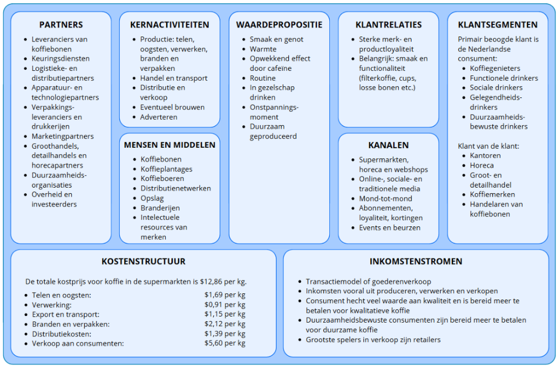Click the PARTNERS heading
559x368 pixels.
[61, 24]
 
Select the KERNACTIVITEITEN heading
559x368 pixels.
[170, 24]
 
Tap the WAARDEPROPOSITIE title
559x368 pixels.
[279, 24]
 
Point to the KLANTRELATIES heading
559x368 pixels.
[388, 24]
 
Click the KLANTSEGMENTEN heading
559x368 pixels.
[498, 24]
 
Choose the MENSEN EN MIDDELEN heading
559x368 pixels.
[170, 145]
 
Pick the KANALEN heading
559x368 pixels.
[388, 145]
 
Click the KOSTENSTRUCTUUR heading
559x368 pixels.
[144, 261]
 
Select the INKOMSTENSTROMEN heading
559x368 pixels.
[416, 261]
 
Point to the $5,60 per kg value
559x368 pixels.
[225, 343]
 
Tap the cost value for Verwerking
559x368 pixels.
[225, 304]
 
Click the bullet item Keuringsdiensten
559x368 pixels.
[60, 59]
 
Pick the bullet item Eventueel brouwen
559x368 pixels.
[172, 107]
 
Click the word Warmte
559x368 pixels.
[263, 49]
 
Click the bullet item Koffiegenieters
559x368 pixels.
[495, 68]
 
